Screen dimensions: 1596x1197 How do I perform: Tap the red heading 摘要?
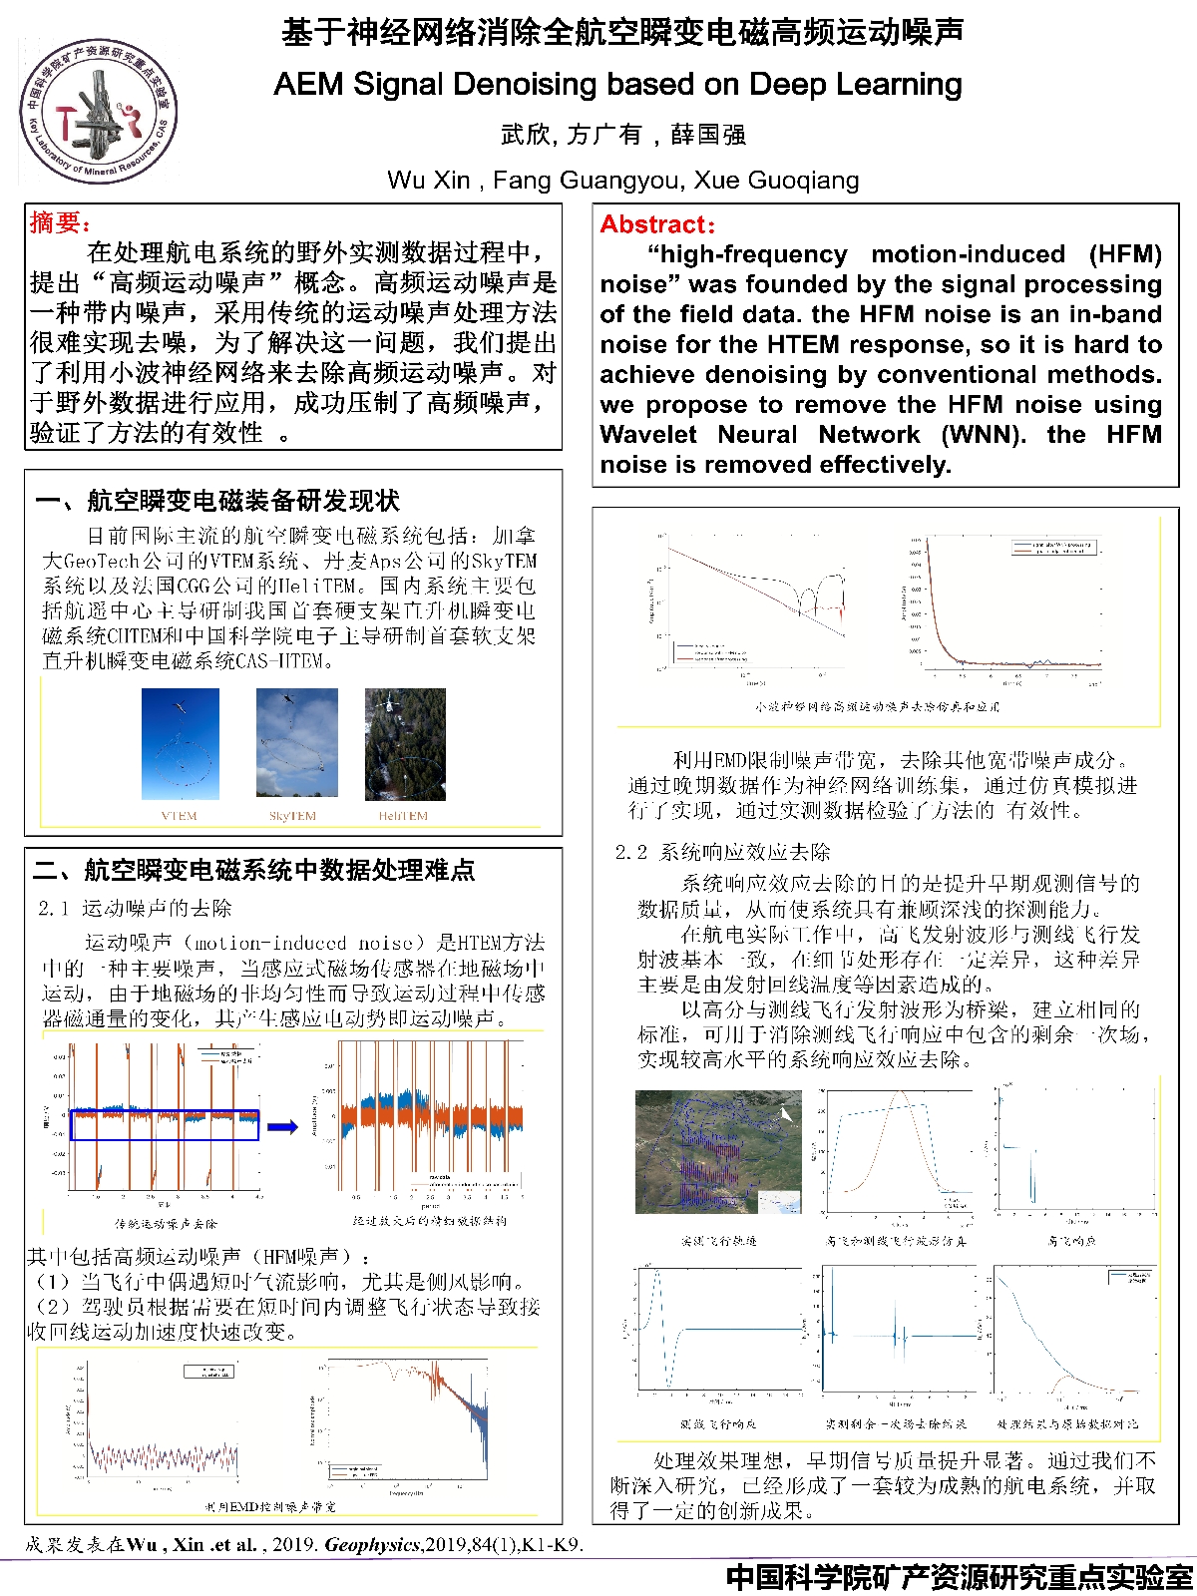[x=60, y=222]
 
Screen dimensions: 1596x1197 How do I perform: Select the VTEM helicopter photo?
[x=180, y=743]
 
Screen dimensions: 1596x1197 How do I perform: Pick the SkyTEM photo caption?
[x=292, y=816]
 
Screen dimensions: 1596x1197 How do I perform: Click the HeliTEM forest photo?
[x=404, y=743]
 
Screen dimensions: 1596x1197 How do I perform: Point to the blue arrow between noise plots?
[x=283, y=1127]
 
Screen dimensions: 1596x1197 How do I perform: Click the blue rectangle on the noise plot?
[x=165, y=1125]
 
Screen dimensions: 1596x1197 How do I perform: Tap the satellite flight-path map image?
[x=718, y=1151]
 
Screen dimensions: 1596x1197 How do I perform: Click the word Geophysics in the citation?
[x=372, y=1545]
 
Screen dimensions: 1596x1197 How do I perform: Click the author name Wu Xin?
[x=428, y=181]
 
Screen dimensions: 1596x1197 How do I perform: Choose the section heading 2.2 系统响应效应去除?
[x=722, y=852]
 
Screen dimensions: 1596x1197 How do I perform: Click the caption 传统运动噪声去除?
[x=166, y=1223]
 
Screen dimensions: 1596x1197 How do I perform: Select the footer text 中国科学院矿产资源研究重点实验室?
[x=959, y=1577]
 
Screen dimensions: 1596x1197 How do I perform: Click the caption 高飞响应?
[x=1071, y=1241]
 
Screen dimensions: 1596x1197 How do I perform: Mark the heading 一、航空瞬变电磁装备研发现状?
[x=217, y=501]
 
